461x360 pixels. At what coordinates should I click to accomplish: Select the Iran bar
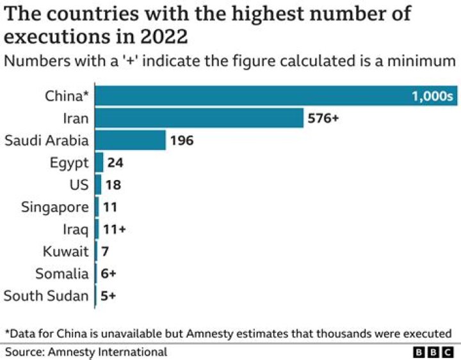(199, 119)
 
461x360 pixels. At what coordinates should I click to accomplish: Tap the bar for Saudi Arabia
(131, 140)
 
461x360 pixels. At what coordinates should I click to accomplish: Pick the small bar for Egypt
(99, 163)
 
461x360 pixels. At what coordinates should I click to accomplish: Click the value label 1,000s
(432, 97)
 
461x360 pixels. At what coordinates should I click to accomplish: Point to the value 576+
(323, 119)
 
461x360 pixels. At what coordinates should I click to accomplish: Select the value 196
(182, 141)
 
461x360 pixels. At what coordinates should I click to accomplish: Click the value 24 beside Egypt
(115, 163)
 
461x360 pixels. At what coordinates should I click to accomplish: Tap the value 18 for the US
(113, 185)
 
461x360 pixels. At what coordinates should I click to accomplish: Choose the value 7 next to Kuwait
(104, 252)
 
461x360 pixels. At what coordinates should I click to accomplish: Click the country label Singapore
(55, 208)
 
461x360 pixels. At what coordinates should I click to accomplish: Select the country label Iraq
(76, 229)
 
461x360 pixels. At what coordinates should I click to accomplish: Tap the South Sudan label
(46, 296)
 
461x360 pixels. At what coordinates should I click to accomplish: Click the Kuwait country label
(66, 252)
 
